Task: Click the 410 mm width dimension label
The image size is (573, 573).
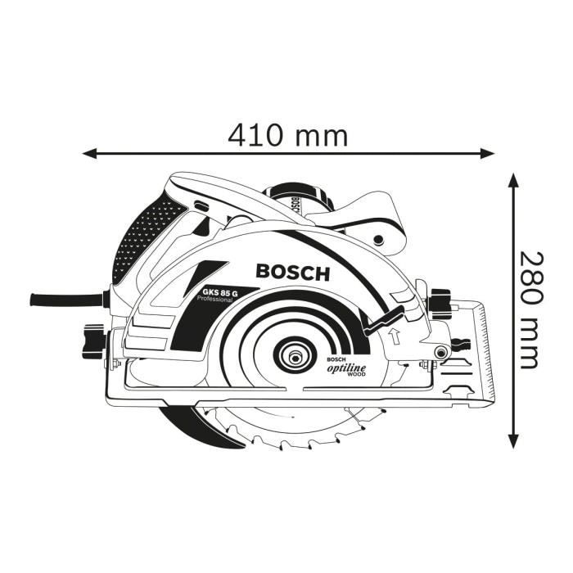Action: (x=287, y=133)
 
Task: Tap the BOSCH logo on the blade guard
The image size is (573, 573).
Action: (x=292, y=272)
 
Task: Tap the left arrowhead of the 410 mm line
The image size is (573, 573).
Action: (x=88, y=152)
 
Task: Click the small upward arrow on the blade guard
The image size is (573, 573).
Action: (x=394, y=334)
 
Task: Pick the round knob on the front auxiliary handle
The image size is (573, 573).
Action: (x=378, y=238)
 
